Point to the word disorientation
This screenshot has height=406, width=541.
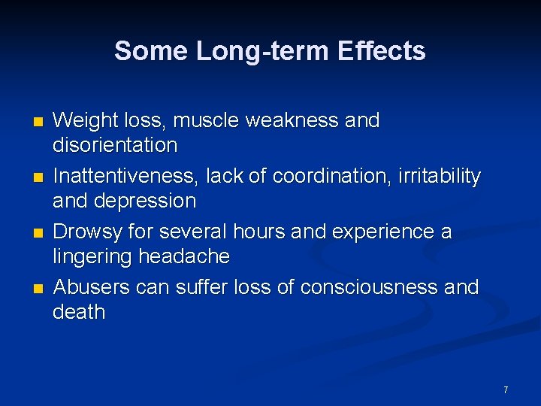tap(115, 145)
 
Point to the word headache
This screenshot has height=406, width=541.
tap(184, 256)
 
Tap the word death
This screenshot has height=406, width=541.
tap(79, 312)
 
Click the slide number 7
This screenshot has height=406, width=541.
tap(506, 390)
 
